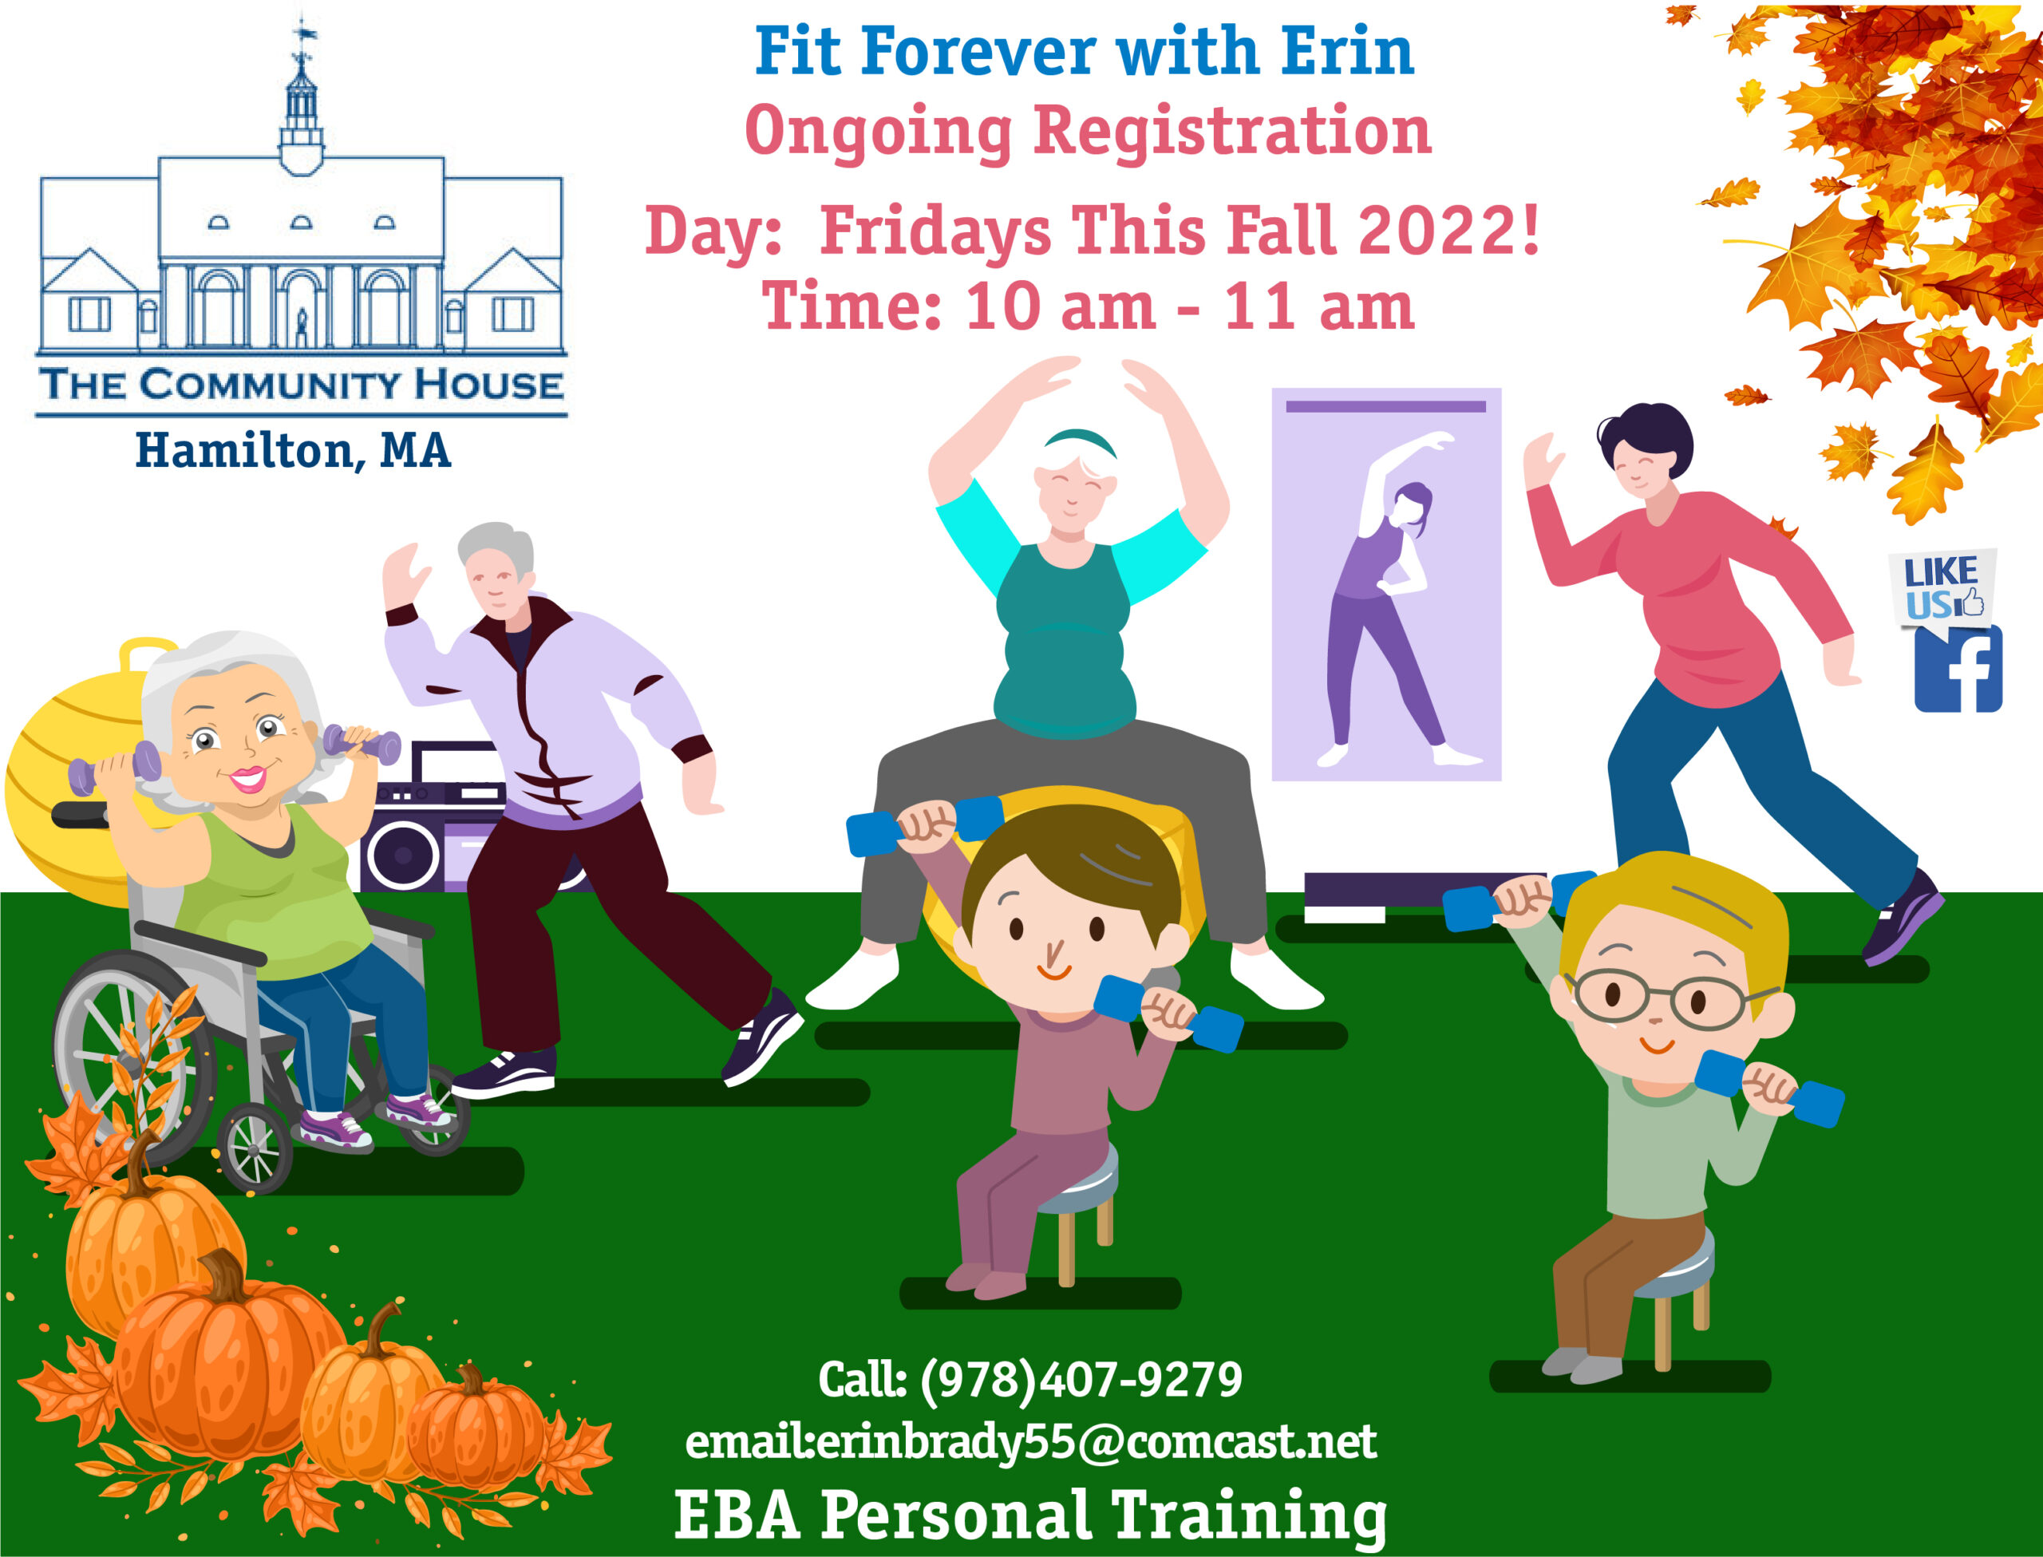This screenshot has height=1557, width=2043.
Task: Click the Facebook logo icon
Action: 1958,668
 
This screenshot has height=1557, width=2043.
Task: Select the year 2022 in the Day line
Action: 1438,230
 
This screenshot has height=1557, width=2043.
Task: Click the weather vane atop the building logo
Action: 303,34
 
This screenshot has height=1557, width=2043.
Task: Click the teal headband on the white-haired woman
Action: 1080,441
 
